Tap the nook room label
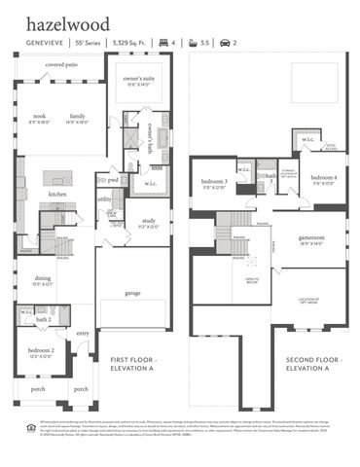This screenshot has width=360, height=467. tap(40, 116)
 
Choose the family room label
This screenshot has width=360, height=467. tap(78, 116)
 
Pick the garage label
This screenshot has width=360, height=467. tap(133, 292)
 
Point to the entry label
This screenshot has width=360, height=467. tap(83, 334)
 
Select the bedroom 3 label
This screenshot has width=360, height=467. tap(213, 182)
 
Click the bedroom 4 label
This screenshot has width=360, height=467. tap(324, 178)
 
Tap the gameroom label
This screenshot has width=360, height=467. tap(312, 238)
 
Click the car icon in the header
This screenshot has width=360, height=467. tap(226, 43)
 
